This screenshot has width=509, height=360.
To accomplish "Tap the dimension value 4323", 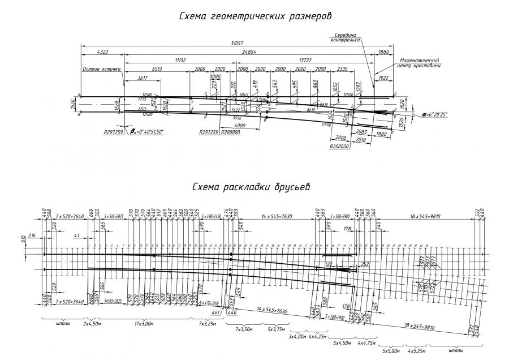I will point(102,52).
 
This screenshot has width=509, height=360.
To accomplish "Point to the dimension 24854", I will point(249,52).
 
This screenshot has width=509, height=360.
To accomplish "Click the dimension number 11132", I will point(180,59).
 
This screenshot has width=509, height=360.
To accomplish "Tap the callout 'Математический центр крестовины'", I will point(419,63).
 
